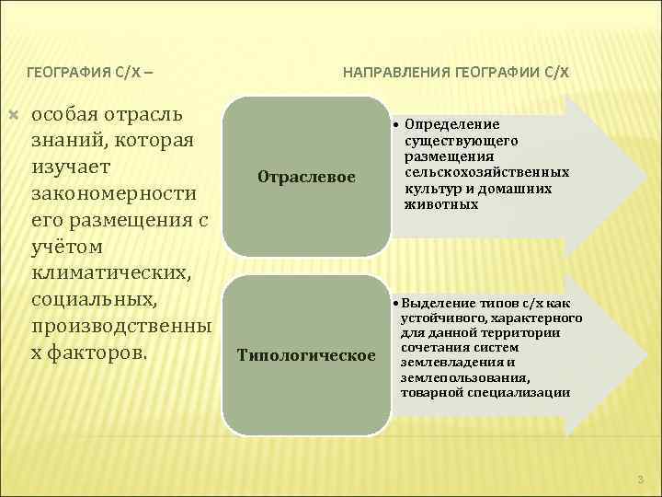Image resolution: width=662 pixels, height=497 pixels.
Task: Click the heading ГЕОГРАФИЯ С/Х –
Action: pos(90,71)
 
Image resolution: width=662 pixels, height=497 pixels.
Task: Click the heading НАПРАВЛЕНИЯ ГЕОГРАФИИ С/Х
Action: pos(456,71)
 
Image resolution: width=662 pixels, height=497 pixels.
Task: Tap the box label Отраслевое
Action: pos(306,177)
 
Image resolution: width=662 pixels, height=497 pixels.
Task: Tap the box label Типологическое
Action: pos(306,354)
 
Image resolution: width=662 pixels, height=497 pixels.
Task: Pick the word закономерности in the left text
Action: pos(114,195)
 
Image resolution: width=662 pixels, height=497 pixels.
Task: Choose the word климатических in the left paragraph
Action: pos(111,274)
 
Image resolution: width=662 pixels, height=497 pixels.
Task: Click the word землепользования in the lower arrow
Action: pos(455,376)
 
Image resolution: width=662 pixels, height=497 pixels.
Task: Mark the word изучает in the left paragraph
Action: pos(71,168)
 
